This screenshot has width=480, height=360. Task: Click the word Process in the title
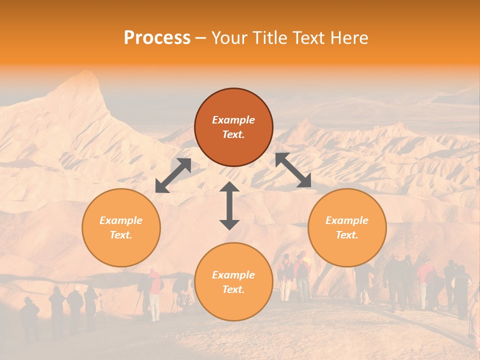pos(157,38)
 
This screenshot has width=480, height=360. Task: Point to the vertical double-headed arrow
pos(229,205)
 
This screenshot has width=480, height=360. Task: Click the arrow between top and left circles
pos(173,175)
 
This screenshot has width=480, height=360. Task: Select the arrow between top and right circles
pos(293,170)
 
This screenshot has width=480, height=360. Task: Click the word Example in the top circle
pos(233,120)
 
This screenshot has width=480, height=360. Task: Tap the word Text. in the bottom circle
pos(233,289)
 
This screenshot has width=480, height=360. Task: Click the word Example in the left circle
pos(121,220)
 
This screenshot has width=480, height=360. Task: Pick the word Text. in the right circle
pos(347,235)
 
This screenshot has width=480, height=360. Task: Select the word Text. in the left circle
pos(121,235)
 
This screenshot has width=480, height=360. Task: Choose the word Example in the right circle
pos(347,220)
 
